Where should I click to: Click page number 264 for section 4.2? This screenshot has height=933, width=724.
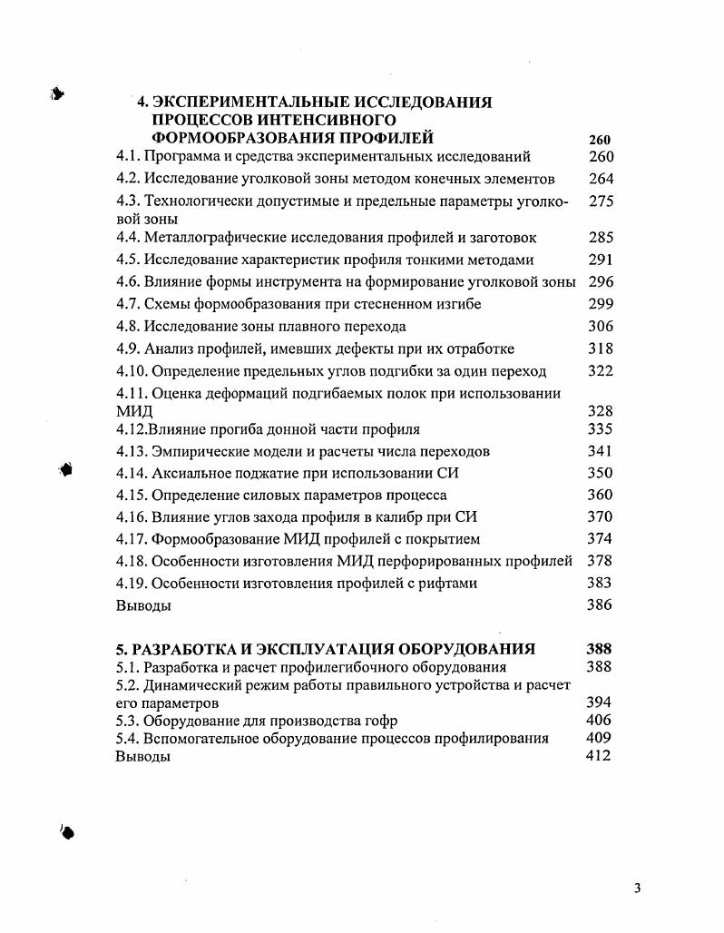(601, 179)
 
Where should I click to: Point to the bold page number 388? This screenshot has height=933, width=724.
(599, 649)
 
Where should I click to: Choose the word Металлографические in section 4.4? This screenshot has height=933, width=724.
(210, 238)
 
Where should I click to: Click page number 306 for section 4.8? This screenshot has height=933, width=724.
(601, 326)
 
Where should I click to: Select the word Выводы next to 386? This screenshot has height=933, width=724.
(143, 605)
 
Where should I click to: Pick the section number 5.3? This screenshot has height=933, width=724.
(128, 721)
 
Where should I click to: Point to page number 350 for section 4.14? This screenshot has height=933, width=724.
(601, 473)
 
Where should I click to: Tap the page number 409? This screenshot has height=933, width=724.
(599, 738)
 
